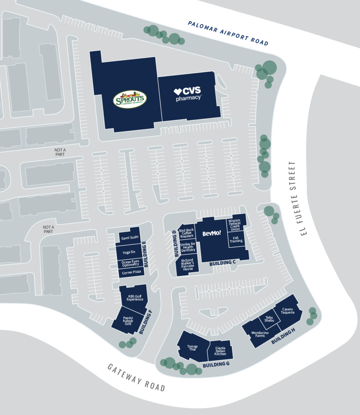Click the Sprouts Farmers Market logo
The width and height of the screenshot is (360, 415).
pyautogui.click(x=129, y=100)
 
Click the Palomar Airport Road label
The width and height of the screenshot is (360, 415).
pyautogui.click(x=228, y=33)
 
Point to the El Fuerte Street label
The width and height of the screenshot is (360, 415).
pyautogui.click(x=293, y=198)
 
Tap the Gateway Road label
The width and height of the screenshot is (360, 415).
pyautogui.click(x=136, y=377)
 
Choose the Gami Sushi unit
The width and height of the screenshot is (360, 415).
pyautogui.click(x=130, y=237)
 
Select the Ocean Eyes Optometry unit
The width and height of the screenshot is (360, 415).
pyautogui.click(x=130, y=263)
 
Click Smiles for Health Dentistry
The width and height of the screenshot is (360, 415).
pyautogui.click(x=187, y=247)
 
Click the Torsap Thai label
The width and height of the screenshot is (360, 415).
pyautogui.click(x=192, y=347)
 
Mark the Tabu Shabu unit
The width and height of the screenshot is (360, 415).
pyautogui.click(x=269, y=319)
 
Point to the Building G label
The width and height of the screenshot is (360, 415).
pyautogui.click(x=216, y=364)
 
